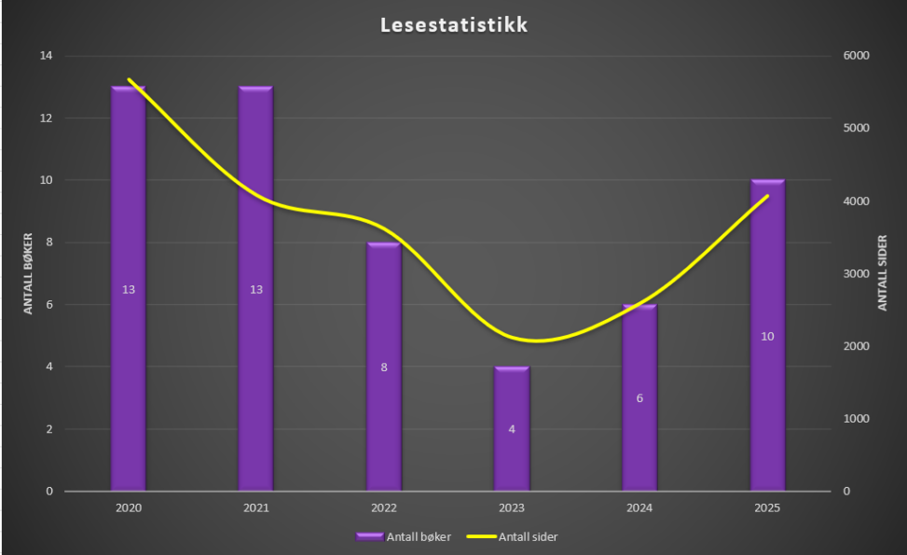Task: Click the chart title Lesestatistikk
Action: [454, 25]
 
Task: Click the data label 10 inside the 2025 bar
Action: [767, 336]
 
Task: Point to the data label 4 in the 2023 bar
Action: [512, 429]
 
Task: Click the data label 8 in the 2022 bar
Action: [383, 368]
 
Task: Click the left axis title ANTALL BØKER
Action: [28, 273]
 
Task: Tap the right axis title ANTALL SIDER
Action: [882, 273]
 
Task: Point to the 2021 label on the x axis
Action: [255, 508]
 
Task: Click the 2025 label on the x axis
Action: [767, 508]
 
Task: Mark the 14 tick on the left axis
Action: [46, 56]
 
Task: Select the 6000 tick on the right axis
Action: [856, 56]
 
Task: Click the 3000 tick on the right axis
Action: [856, 273]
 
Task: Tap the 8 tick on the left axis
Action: [48, 243]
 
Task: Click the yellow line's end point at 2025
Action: [767, 196]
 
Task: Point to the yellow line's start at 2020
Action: [129, 80]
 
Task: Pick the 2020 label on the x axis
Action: [128, 508]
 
